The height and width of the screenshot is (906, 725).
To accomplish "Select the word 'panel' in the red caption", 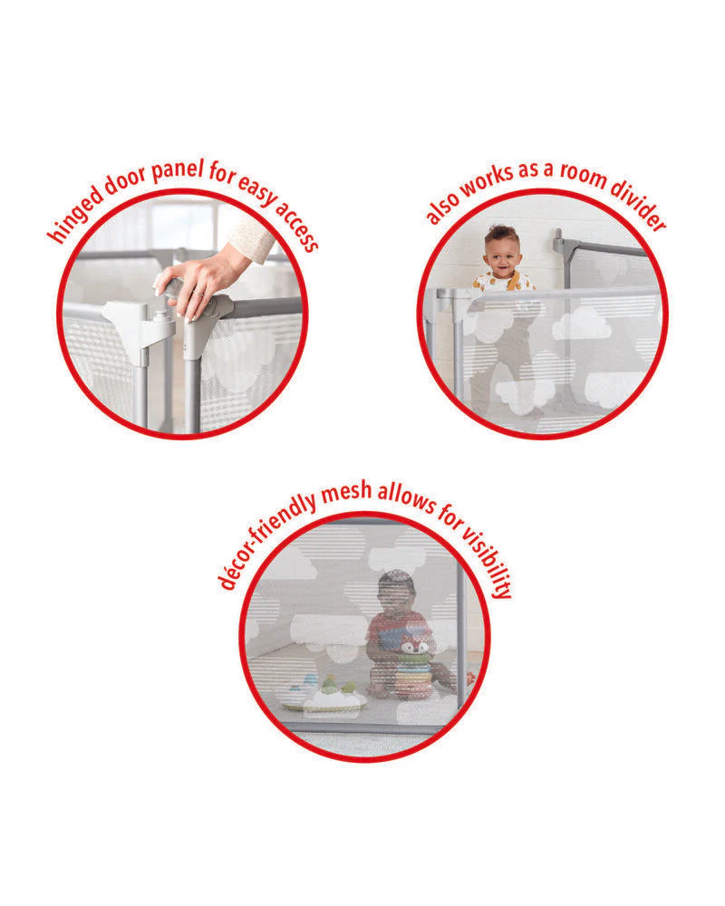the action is [x=178, y=170].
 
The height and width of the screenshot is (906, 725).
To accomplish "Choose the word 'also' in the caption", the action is [x=442, y=206].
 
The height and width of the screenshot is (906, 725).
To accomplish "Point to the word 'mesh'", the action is [x=346, y=492].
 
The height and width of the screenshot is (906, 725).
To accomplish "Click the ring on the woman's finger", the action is [x=198, y=293].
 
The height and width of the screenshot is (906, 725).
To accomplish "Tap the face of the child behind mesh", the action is [x=397, y=595].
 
